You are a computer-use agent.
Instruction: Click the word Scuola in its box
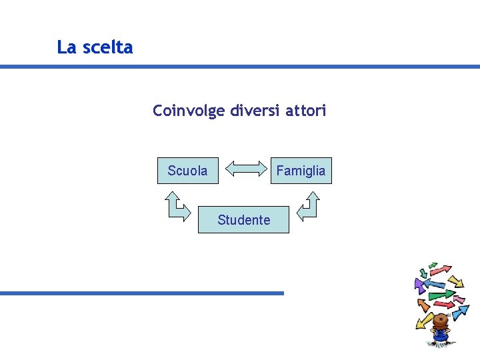click(187, 171)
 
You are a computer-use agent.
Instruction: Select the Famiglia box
click(301, 171)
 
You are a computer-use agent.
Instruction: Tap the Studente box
click(243, 220)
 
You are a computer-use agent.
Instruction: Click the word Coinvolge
click(189, 111)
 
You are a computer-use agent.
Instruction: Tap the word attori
click(306, 110)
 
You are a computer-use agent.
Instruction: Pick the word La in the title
click(65, 47)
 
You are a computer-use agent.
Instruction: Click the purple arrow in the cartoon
click(420, 286)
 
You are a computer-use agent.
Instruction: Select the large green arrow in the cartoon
click(441, 294)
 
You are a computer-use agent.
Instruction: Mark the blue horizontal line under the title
click(240, 67)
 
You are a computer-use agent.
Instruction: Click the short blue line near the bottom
click(141, 293)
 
